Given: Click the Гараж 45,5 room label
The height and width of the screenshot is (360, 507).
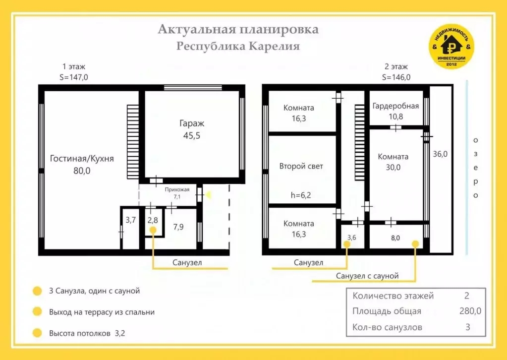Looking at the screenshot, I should (x=191, y=129).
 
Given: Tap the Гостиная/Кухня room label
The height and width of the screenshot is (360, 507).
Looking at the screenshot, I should (x=82, y=165).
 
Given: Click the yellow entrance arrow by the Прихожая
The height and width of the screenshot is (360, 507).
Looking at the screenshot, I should (x=208, y=195).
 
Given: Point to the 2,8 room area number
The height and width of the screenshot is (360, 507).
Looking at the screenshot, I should (x=153, y=220).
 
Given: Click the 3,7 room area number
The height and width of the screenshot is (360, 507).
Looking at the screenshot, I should (x=130, y=220).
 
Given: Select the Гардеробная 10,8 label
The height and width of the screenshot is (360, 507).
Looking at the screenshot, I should (x=395, y=111).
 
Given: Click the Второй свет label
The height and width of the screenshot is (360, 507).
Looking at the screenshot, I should (x=301, y=166).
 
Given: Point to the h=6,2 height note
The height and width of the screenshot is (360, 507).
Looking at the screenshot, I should (x=301, y=195).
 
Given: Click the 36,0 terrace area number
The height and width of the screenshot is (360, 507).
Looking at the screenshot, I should (x=440, y=154).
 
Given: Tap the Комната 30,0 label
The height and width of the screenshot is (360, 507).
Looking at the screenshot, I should (x=393, y=162).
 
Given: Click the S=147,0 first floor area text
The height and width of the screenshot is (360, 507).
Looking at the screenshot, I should (x=73, y=77).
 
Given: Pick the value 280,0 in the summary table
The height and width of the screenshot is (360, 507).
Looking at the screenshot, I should (x=470, y=311).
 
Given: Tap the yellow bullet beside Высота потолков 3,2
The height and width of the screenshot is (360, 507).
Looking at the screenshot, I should (x=37, y=333).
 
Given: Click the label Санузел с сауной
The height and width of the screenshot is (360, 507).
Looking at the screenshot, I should (x=367, y=275).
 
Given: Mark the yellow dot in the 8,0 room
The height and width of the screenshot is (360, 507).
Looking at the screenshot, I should (x=415, y=243).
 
